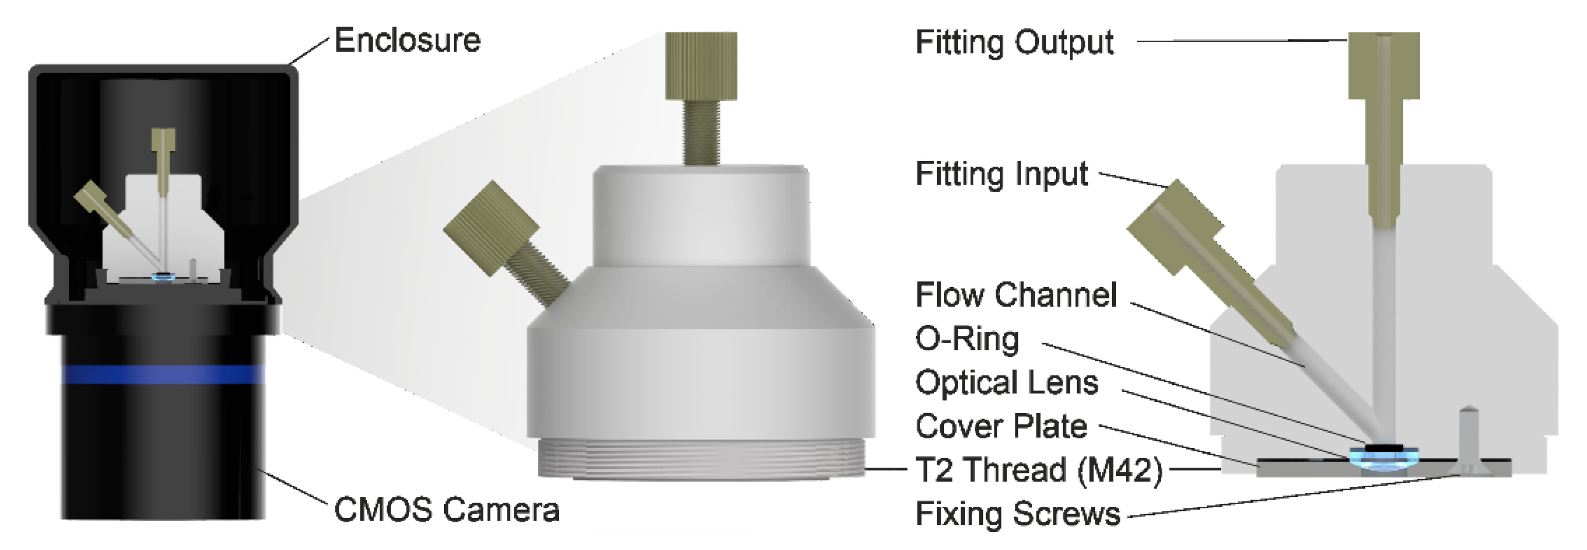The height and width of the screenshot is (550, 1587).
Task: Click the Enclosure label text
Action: (x=407, y=41)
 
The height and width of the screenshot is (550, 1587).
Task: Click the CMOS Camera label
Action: (x=447, y=510)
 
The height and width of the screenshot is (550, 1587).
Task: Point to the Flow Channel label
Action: (x=1016, y=295)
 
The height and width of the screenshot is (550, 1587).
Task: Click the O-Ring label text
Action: (x=967, y=339)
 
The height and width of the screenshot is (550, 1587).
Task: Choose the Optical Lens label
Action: (x=1007, y=383)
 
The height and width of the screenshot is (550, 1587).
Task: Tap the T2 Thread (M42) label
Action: (x=1038, y=470)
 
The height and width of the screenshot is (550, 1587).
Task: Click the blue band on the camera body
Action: (x=163, y=374)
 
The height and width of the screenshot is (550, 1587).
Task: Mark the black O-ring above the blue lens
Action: (x=1382, y=448)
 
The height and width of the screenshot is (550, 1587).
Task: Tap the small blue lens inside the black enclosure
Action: (x=163, y=278)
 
